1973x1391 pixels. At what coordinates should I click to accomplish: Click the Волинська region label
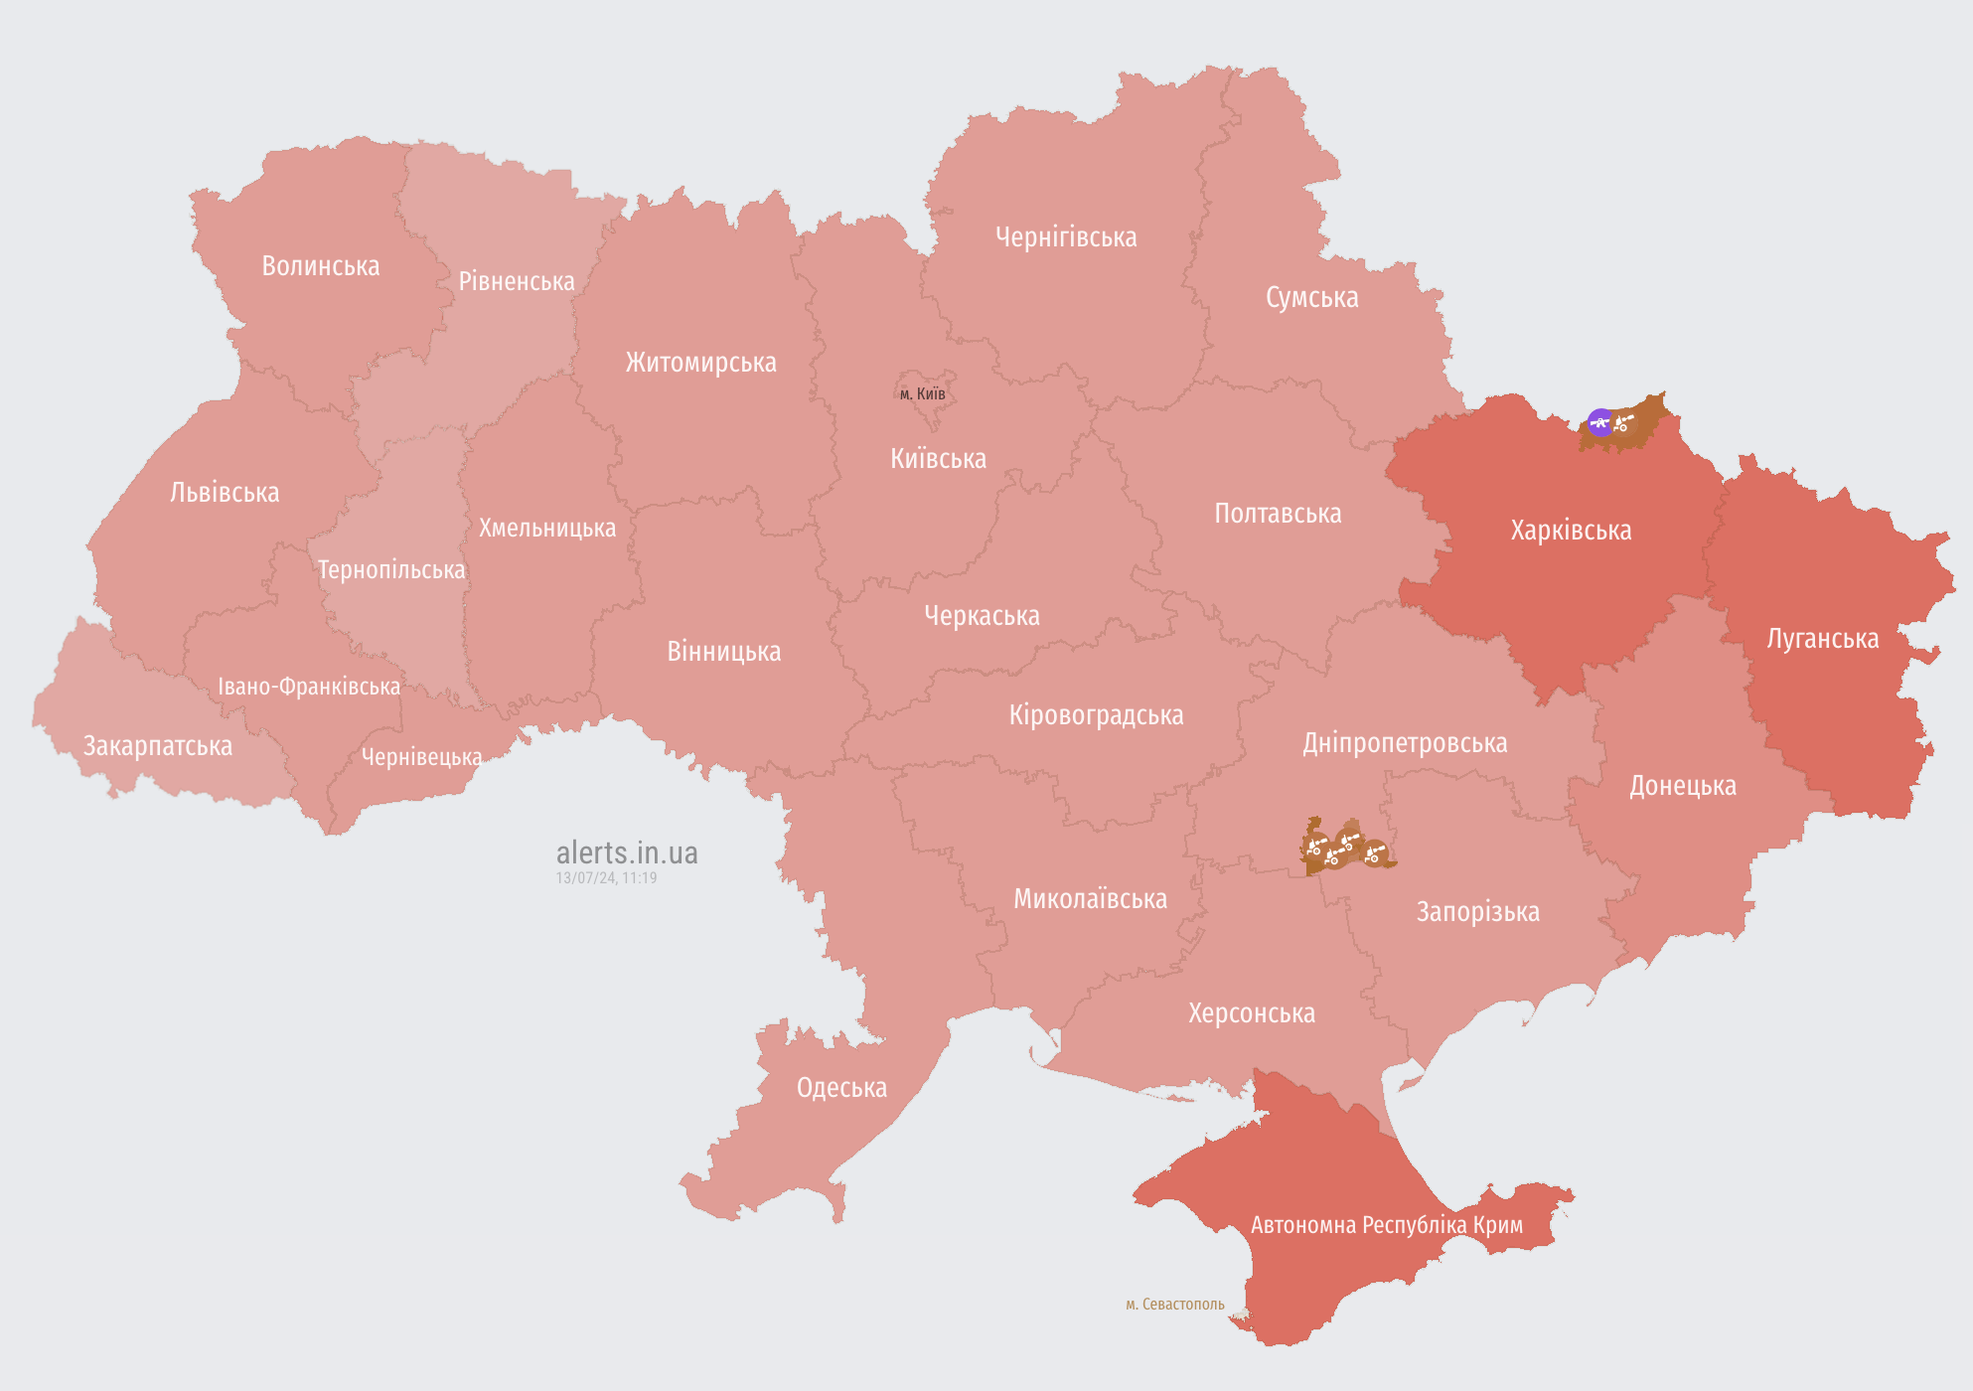click(320, 266)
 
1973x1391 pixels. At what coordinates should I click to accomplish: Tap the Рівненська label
click(517, 281)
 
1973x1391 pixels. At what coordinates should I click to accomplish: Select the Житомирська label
click(700, 363)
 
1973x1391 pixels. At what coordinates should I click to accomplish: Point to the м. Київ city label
click(922, 393)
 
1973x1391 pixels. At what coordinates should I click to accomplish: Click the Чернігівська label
click(1066, 237)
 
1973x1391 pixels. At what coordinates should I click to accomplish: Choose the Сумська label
click(1311, 297)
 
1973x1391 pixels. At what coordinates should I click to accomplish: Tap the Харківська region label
click(1571, 531)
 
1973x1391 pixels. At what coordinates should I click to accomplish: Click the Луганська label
click(1822, 639)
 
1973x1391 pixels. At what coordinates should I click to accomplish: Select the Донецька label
click(1682, 786)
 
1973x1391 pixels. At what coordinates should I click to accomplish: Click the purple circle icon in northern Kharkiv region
click(1599, 422)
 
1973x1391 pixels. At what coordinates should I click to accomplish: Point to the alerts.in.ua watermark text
click(627, 852)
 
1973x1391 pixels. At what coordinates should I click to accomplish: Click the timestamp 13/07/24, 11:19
click(606, 878)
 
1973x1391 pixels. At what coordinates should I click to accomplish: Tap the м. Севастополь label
click(1174, 1304)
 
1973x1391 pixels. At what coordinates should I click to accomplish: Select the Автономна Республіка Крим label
click(1386, 1225)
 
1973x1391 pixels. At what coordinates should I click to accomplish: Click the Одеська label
click(841, 1088)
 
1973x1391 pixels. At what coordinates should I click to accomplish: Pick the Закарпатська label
click(157, 746)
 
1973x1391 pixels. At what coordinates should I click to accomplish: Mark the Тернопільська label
click(390, 570)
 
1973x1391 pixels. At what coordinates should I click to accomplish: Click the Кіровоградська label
click(1096, 715)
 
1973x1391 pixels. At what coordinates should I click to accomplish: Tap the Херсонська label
click(1251, 1013)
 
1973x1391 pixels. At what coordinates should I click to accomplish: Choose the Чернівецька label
click(421, 757)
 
